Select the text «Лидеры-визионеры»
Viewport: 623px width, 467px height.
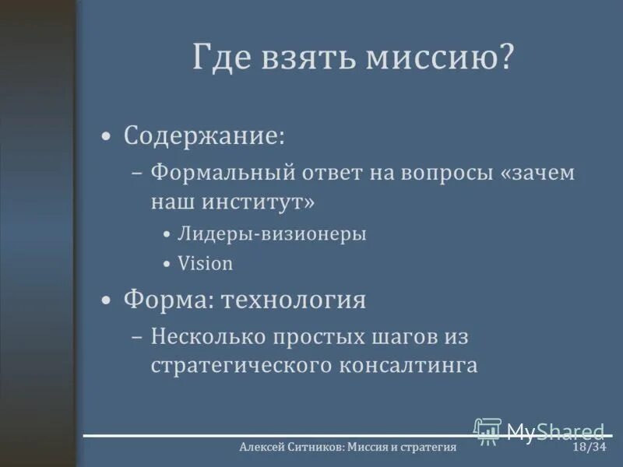(x=272, y=233)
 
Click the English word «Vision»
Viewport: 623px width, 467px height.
(x=205, y=263)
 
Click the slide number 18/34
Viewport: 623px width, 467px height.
(x=589, y=448)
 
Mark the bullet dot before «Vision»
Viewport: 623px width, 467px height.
(x=167, y=265)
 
